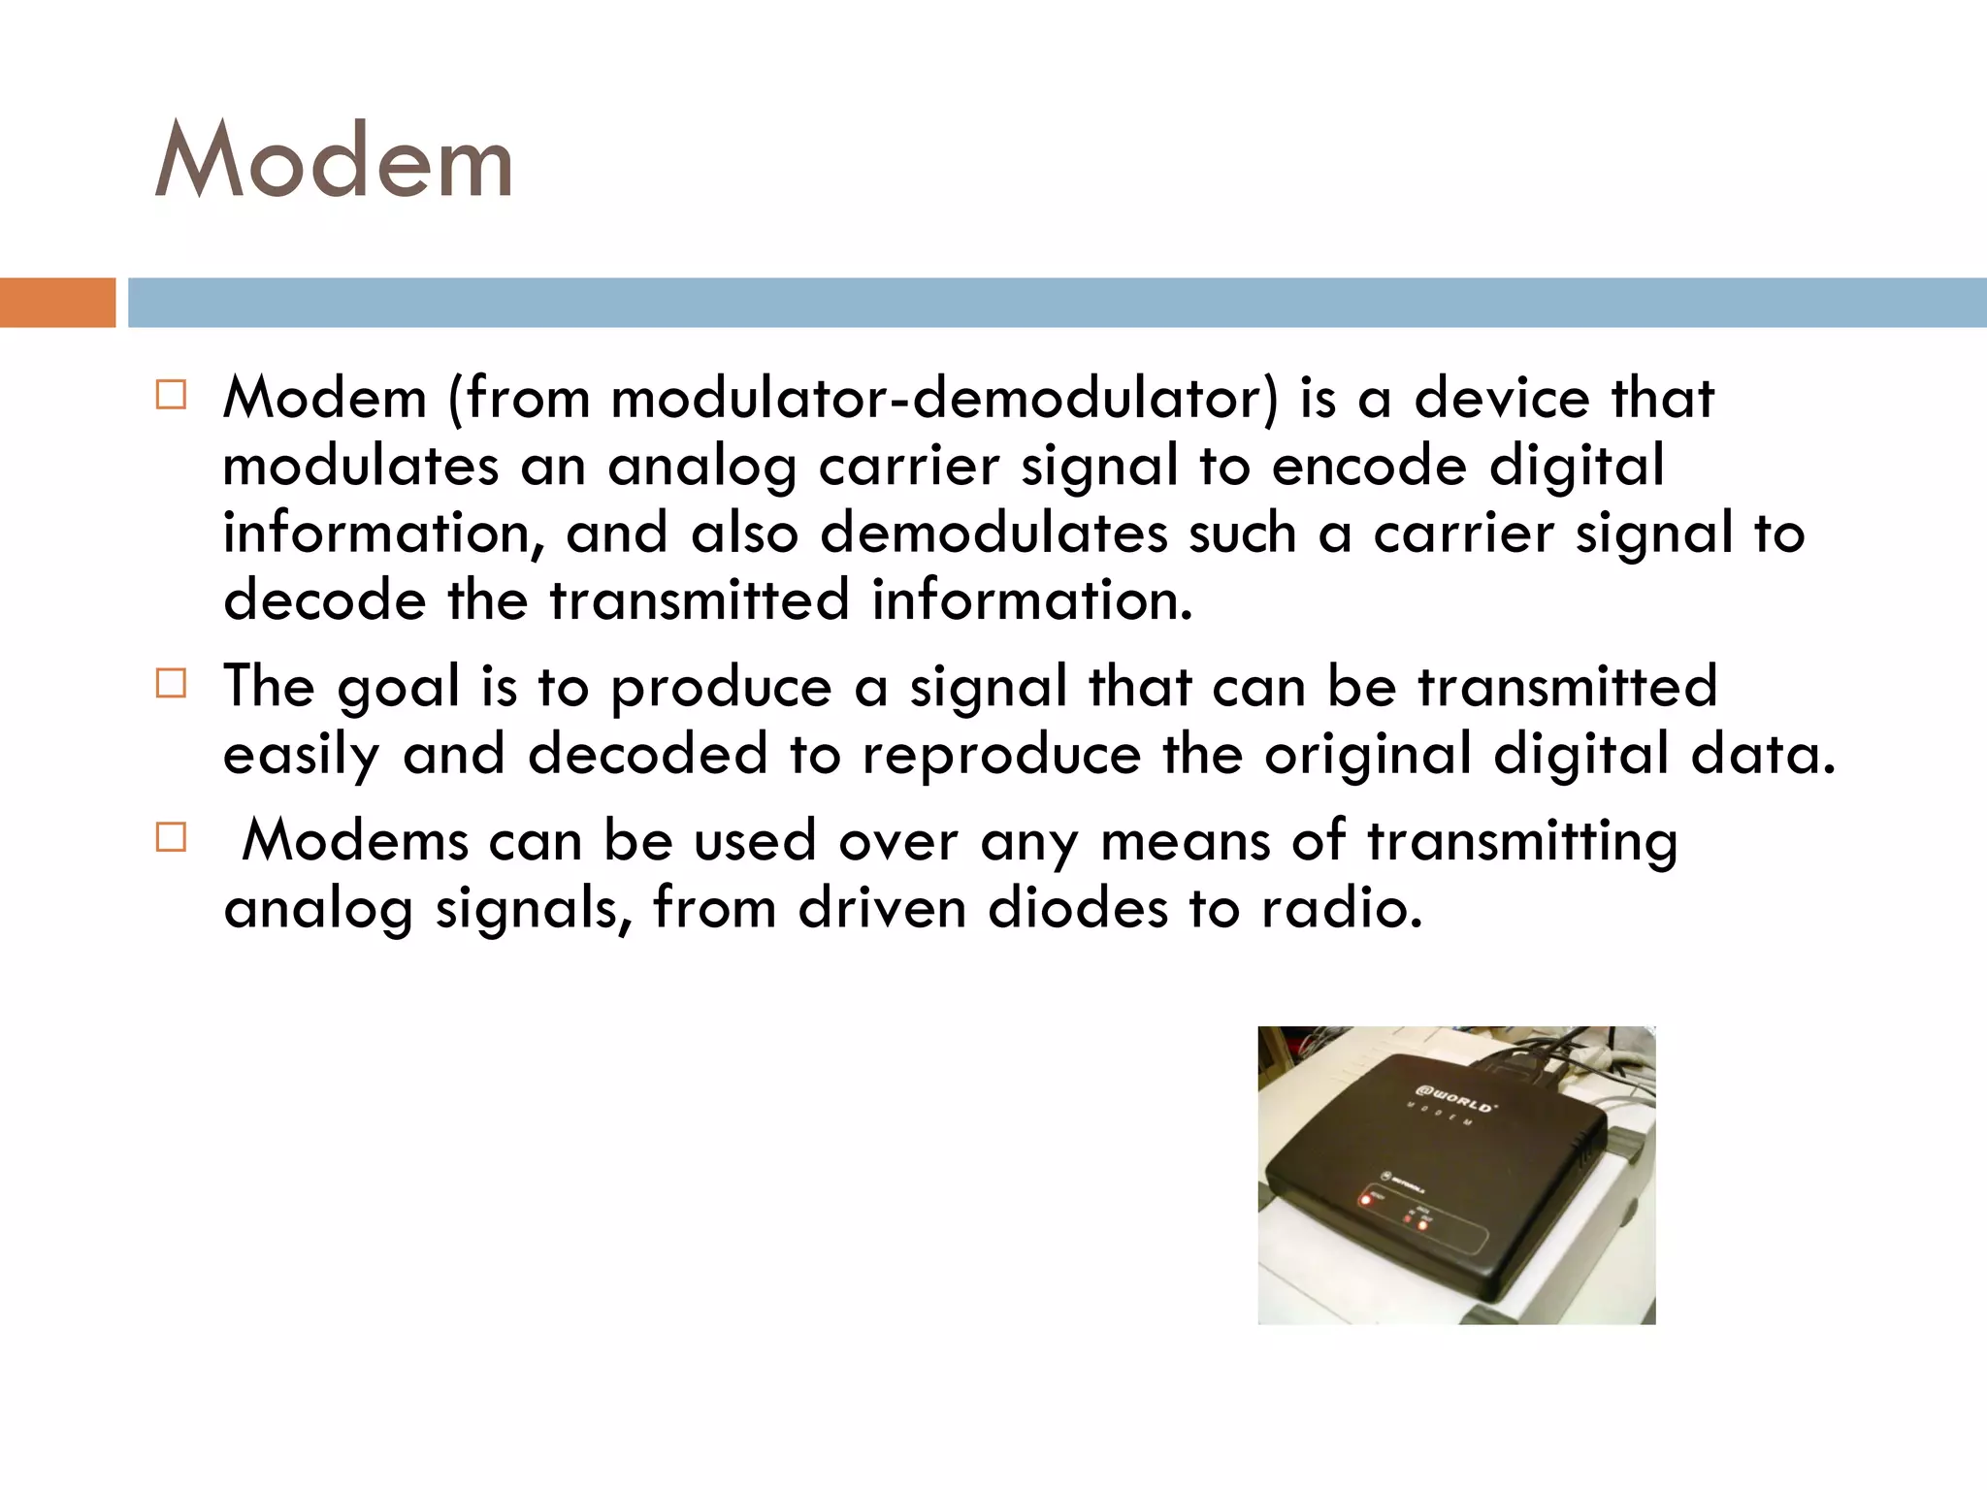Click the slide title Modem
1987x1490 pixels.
(334, 160)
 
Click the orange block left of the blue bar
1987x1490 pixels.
(57, 303)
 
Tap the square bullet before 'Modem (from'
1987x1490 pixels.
(171, 396)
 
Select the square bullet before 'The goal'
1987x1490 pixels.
(171, 684)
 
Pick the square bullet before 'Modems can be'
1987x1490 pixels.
(171, 837)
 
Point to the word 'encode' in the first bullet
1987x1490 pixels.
(1369, 466)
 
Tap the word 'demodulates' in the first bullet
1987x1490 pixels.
(993, 533)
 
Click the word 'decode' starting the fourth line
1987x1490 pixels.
(324, 599)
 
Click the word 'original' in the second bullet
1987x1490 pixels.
(1367, 756)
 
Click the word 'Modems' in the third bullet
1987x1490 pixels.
(355, 840)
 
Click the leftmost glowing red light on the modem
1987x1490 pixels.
(1366, 1200)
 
